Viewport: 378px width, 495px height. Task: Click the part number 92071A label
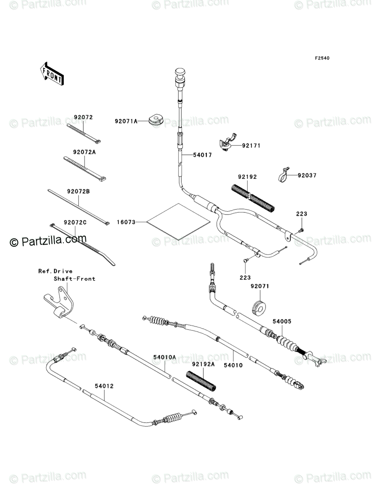(x=126, y=121)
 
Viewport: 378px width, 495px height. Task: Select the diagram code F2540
(x=321, y=58)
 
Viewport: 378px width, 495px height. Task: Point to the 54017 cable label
(x=202, y=155)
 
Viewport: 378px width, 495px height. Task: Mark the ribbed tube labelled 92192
(x=253, y=197)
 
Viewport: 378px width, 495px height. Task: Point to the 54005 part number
(x=282, y=322)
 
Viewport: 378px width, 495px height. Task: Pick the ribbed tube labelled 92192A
(x=201, y=380)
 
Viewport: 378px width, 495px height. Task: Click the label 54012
(x=104, y=386)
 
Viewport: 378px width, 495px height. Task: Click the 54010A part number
(x=164, y=357)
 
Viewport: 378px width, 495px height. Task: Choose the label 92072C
(x=75, y=223)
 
